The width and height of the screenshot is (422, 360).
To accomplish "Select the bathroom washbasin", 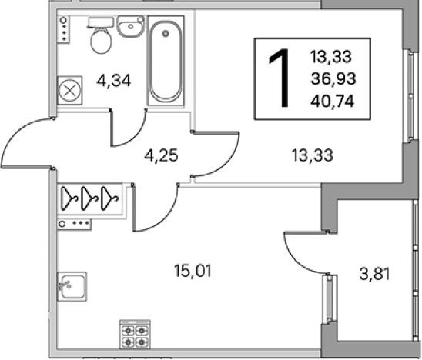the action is pyautogui.click(x=131, y=26).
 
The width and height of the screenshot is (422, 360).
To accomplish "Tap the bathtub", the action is pyautogui.click(x=166, y=60).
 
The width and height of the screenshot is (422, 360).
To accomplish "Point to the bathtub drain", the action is pyautogui.click(x=166, y=34).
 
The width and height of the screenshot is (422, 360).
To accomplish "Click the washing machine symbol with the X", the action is pyautogui.click(x=70, y=90).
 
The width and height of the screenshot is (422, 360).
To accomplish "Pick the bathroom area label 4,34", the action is pyautogui.click(x=113, y=81).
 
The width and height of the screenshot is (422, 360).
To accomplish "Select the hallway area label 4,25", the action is pyautogui.click(x=161, y=155).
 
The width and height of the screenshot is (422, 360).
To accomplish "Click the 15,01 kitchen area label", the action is pyautogui.click(x=193, y=271).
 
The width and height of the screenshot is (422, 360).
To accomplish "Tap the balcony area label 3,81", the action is pyautogui.click(x=374, y=275).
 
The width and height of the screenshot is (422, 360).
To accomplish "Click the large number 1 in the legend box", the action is pyautogui.click(x=280, y=78).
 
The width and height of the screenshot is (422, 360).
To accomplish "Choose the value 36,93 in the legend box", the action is pyautogui.click(x=333, y=79).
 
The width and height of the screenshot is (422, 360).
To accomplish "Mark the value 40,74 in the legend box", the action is pyautogui.click(x=332, y=102).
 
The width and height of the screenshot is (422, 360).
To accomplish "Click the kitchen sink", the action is pyautogui.click(x=72, y=287).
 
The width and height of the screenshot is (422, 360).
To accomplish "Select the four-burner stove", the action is pyautogui.click(x=135, y=335).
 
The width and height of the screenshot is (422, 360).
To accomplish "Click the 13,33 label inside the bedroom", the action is pyautogui.click(x=313, y=155).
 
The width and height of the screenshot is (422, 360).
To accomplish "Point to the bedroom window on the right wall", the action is pyautogui.click(x=410, y=96).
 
